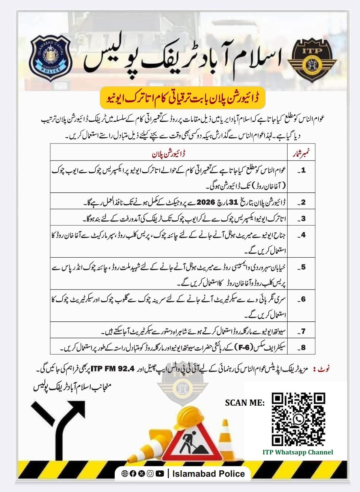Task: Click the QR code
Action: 299,419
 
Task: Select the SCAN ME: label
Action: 245,403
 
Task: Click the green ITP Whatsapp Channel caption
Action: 298,452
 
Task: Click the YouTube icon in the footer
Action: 160,473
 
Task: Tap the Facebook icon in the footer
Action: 133,473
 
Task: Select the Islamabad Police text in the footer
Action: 208,473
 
